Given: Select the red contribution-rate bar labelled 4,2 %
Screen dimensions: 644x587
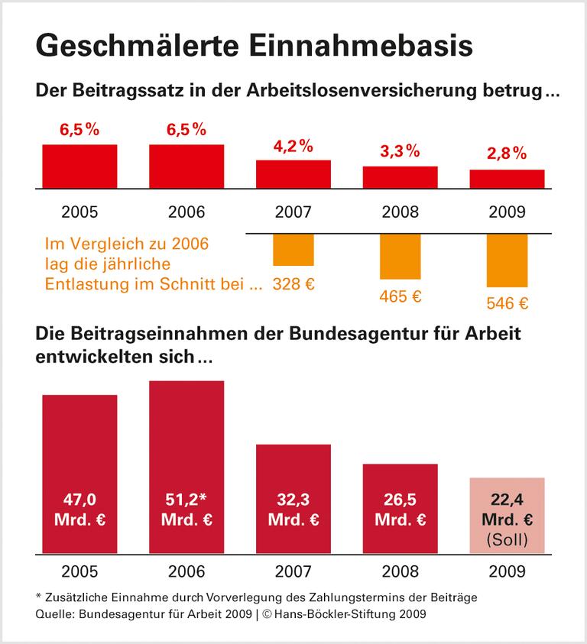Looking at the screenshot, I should pos(293,173).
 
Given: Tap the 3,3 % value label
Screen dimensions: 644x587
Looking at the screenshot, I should pos(401,151).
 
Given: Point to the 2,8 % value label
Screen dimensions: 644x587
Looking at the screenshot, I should pos(508,154).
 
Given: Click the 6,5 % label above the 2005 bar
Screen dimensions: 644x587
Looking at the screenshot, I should pos(79,129).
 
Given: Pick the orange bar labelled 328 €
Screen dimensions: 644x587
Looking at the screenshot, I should pos(293,250).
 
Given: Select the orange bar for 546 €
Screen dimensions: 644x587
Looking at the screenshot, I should pos(508,260).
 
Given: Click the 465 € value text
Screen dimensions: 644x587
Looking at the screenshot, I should pos(401,296).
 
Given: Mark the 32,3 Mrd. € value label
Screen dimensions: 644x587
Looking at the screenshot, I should pos(293,510).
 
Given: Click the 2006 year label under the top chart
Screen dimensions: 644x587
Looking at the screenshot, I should pos(186,212).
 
